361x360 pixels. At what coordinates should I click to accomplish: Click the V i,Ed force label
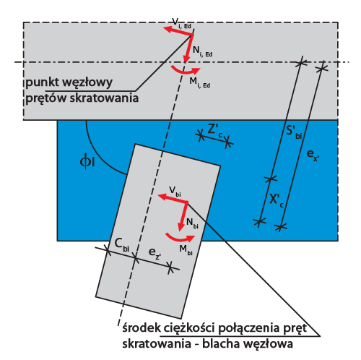point(182,24)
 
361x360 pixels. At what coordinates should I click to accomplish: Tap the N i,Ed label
point(203,51)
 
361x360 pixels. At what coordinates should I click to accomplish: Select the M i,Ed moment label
point(200,82)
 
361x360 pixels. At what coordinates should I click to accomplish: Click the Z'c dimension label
point(215,130)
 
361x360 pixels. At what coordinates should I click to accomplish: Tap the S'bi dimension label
point(294,132)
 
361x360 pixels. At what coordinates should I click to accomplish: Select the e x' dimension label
point(313,155)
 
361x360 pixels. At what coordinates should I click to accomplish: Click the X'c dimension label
point(277,200)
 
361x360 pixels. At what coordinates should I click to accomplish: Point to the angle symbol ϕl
point(87,162)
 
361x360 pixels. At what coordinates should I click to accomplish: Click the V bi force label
point(175,192)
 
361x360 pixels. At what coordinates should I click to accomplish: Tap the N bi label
point(192,223)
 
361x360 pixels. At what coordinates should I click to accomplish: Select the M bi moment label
point(186,249)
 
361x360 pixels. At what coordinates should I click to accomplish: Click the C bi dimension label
point(122,244)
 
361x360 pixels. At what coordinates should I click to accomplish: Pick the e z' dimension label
point(155,254)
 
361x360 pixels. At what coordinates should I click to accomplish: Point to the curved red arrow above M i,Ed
point(186,71)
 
